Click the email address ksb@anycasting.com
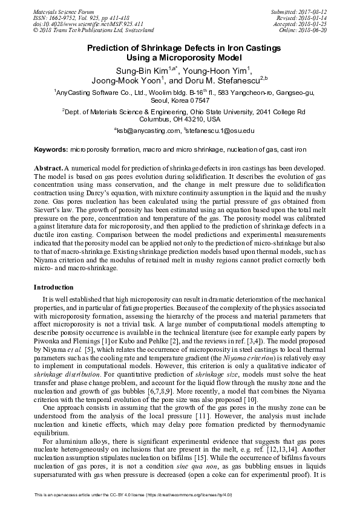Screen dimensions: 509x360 (x=142, y=131)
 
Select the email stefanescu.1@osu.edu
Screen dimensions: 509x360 (x=220, y=131)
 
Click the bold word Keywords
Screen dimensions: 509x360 (x=51, y=148)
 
